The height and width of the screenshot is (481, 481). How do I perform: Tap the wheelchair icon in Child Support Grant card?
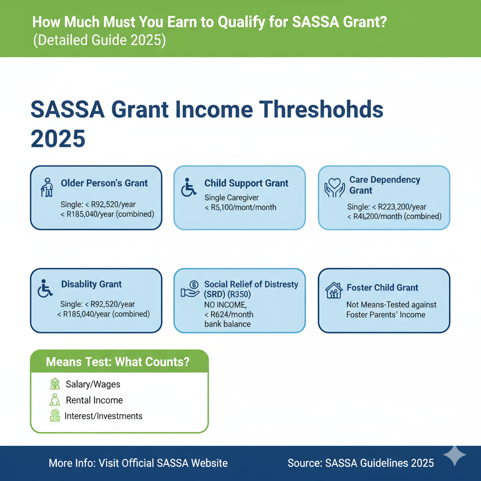coord(189,187)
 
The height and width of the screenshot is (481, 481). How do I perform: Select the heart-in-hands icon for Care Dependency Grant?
coord(334,186)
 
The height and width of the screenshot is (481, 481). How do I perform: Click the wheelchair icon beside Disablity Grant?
coord(46,287)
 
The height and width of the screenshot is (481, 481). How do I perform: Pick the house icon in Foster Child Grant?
coord(334,290)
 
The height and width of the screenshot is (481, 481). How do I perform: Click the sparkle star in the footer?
coord(455,455)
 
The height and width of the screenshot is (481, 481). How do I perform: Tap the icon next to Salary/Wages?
coord(55,384)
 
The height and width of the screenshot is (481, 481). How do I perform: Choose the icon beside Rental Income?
coord(55,400)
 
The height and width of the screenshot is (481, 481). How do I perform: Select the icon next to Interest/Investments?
coord(55,416)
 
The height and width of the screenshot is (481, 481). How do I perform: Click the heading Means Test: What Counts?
coord(118,362)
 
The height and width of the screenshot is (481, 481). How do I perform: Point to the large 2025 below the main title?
coord(58,139)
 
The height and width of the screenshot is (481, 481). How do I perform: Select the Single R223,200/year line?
coord(387,207)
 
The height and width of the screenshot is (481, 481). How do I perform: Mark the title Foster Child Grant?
coord(382,287)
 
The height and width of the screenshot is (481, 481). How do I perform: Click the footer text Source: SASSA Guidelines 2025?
coord(361,463)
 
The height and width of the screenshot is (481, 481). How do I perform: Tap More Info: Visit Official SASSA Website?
coord(138,463)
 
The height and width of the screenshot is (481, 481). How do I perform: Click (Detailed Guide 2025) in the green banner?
coord(99,40)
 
